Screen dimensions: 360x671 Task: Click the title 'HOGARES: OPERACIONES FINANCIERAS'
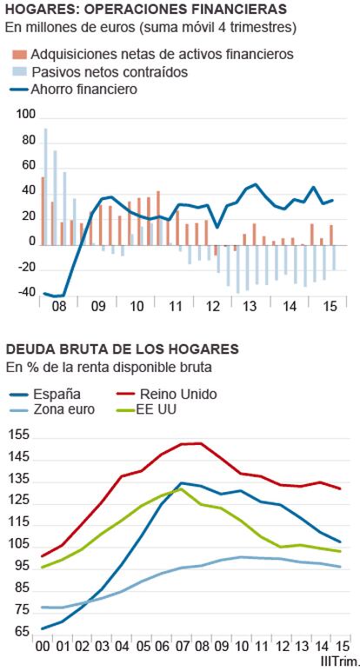tap(146, 9)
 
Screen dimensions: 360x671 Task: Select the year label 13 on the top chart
tap(250, 307)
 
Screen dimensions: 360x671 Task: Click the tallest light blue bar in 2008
tap(45, 187)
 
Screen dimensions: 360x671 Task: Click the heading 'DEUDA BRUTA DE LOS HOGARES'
tap(122, 349)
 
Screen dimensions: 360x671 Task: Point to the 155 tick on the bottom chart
tap(19, 435)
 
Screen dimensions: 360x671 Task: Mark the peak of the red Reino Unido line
tap(200, 443)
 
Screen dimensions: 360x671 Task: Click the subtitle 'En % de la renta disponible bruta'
tap(109, 367)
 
